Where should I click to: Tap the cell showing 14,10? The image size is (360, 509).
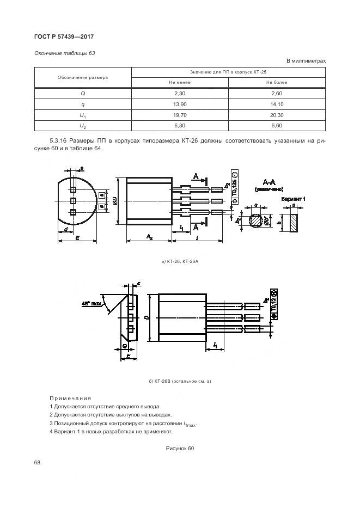tap(277, 104)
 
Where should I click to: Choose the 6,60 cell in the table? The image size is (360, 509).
tap(277, 126)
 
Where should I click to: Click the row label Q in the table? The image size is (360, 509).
tap(82, 93)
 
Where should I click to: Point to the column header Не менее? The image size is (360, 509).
tap(180, 82)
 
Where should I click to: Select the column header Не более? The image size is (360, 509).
tap(277, 82)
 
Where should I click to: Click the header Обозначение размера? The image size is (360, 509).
tap(82, 77)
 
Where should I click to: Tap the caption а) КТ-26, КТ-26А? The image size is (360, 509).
tap(179, 262)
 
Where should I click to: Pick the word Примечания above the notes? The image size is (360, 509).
tap(70, 398)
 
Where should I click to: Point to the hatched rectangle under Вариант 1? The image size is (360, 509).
tap(294, 223)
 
